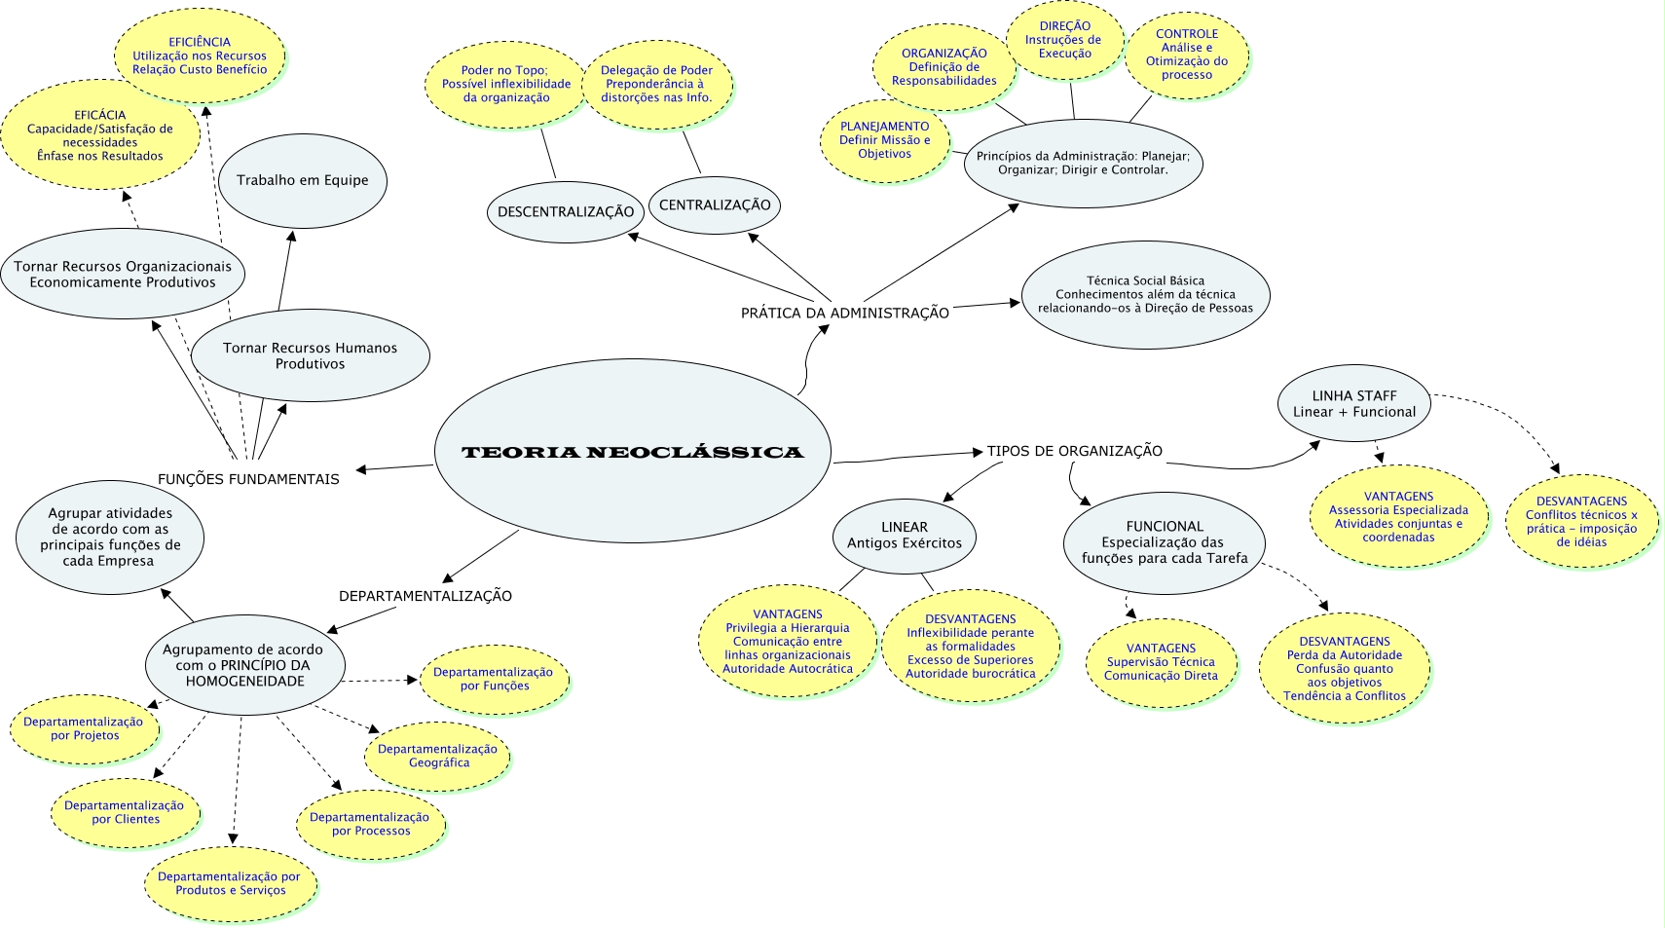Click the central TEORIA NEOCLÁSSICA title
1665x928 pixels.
pos(632,452)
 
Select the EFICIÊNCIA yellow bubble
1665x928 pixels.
pos(200,56)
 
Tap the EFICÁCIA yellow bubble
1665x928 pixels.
pos(99,135)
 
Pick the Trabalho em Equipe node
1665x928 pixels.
pos(303,180)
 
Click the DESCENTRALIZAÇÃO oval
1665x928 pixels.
pos(565,211)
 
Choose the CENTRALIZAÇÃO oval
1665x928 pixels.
pos(715,204)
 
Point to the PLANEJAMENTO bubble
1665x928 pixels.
pos(884,140)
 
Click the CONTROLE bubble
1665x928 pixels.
pos(1186,55)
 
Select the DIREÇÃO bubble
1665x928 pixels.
pos(1064,40)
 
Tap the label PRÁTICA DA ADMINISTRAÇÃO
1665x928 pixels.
pos(844,313)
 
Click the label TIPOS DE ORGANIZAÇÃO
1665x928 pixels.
pos(1074,451)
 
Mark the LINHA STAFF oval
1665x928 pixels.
pos(1353,403)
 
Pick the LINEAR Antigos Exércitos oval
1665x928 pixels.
pos(904,536)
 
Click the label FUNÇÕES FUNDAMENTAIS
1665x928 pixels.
pos(248,479)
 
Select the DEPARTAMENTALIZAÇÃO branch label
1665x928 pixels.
pos(425,596)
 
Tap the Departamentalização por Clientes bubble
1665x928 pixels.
pos(125,812)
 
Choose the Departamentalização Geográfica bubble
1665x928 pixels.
pos(437,756)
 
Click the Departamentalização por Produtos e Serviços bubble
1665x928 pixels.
pos(230,883)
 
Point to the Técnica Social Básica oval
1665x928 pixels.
pos(1145,294)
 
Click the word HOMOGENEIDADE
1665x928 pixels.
pos(244,682)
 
